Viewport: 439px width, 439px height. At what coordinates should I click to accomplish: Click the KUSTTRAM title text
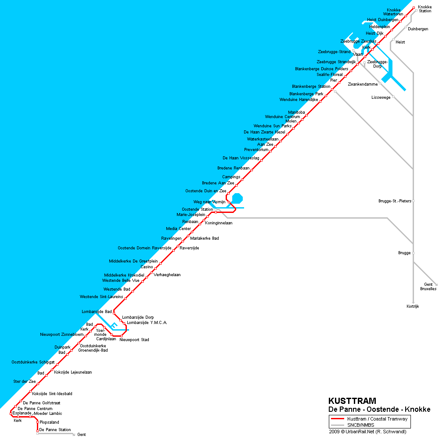tap(352, 401)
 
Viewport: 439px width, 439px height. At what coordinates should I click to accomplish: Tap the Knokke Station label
tap(425, 9)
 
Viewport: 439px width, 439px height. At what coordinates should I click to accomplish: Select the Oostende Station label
tap(197, 209)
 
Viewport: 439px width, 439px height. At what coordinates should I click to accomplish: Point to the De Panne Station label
tap(55, 430)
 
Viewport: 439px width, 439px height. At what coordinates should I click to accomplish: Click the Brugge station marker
tap(413, 253)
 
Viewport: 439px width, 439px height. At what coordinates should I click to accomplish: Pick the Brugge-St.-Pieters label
tap(395, 201)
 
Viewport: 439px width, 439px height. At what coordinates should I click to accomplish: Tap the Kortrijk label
tap(413, 306)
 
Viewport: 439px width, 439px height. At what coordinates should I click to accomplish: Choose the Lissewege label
tap(381, 97)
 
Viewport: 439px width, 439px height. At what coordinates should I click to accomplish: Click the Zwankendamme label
tap(363, 84)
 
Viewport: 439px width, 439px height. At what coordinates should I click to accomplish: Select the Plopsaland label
tap(49, 422)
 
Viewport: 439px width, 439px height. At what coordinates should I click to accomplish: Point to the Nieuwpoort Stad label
tap(134, 339)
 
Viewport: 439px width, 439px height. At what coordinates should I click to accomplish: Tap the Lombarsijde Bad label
tap(97, 312)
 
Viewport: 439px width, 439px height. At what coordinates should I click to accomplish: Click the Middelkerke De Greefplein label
tap(133, 261)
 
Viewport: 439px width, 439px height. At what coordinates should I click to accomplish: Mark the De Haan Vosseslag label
tap(241, 158)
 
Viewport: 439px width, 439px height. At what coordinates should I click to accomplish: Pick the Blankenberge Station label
tap(311, 86)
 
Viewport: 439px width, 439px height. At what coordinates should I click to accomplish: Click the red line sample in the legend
tap(337, 419)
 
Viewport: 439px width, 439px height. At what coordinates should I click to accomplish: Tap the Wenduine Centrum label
tap(282, 117)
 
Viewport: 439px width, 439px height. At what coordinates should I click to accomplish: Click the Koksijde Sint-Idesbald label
tap(52, 393)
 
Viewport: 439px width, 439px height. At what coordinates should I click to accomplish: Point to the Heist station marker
tap(393, 40)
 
